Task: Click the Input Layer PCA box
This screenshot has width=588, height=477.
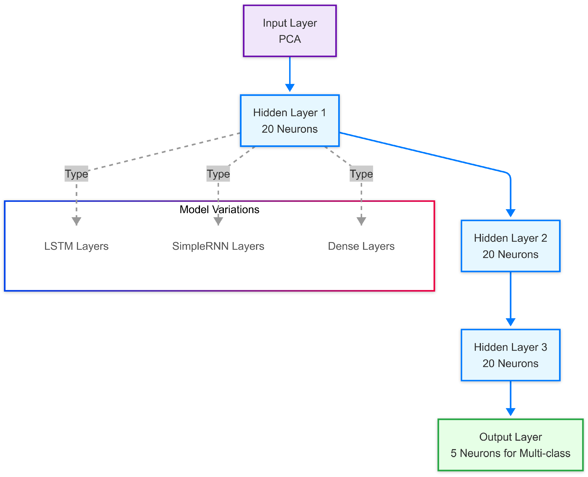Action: coord(290,31)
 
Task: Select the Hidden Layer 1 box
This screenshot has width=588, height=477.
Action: coord(290,121)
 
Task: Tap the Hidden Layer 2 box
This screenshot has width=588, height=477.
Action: coord(510,246)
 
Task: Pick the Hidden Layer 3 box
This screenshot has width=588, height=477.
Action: coord(510,355)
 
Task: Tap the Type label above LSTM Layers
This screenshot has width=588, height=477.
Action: coord(76,174)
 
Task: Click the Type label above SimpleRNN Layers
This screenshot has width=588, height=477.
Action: coord(218,174)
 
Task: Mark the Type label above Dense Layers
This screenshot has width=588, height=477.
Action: coord(361,174)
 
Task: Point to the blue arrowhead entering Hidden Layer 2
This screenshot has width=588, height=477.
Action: coord(510,213)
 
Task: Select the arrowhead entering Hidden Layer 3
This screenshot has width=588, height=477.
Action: coord(510,322)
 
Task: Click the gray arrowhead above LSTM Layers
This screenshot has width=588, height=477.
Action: coord(76,221)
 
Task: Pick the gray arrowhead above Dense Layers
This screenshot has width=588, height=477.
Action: coord(361,221)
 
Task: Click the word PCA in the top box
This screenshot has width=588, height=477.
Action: coord(290,39)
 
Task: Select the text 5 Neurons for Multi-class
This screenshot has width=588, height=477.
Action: coord(510,453)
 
